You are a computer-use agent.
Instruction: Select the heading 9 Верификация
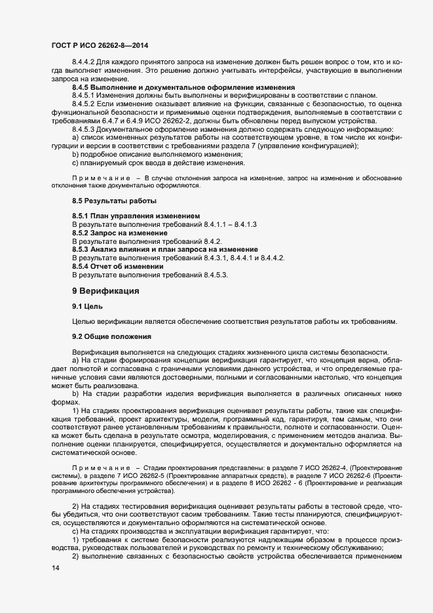tap(107, 290)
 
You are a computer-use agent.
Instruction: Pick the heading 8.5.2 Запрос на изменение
tap(120, 233)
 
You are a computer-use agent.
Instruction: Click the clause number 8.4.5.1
tap(85, 96)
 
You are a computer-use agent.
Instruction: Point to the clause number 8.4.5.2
tap(85, 104)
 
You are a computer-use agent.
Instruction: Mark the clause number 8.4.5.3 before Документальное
tap(85, 129)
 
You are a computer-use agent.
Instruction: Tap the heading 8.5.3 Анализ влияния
tap(164, 250)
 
